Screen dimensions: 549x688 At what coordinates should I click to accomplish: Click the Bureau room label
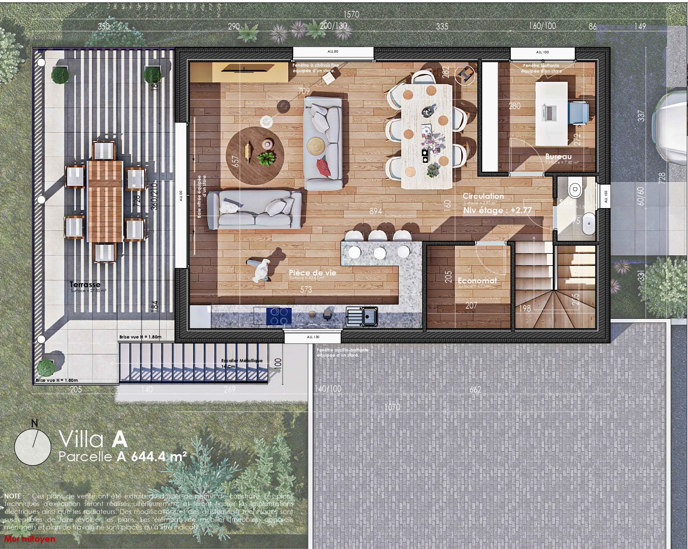[x=558, y=157]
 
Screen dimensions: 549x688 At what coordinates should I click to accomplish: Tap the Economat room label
[x=477, y=281]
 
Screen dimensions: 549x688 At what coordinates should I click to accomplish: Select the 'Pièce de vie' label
[x=313, y=273]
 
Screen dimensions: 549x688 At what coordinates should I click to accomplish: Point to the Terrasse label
[x=85, y=284]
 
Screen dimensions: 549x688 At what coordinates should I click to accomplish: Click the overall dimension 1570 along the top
[x=351, y=14]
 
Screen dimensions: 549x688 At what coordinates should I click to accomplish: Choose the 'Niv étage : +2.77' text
[x=497, y=210]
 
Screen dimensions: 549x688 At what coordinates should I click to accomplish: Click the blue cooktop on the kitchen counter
[x=279, y=316]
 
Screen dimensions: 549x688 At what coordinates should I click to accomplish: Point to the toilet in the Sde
[x=575, y=189]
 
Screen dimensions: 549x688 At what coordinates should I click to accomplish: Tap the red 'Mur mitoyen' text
[x=30, y=539]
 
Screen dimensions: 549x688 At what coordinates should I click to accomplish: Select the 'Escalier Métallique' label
[x=242, y=360]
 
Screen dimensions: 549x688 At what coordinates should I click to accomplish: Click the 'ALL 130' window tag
[x=313, y=337]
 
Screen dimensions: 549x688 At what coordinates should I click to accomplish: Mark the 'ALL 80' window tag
[x=333, y=52]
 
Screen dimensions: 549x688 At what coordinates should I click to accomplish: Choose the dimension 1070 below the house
[x=392, y=407]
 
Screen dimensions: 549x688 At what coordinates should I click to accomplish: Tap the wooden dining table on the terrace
[x=105, y=201]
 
